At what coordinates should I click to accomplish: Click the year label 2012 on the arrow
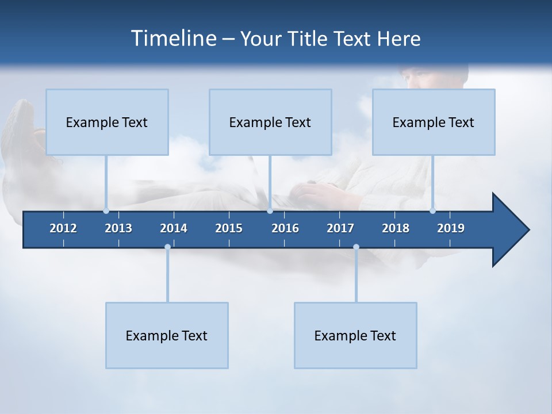point(63,228)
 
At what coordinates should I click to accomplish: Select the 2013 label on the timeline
point(118,228)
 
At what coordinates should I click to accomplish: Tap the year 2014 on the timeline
point(174,228)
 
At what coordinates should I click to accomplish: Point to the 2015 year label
point(229,228)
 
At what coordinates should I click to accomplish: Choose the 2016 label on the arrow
point(285,228)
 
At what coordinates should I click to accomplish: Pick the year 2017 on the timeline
point(340,228)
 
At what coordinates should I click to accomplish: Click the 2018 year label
point(396,228)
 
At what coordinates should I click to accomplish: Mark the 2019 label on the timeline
point(451,228)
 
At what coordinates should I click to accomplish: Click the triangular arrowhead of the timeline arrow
point(509,230)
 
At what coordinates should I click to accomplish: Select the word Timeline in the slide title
point(173,39)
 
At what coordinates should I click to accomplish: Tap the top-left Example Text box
point(107,122)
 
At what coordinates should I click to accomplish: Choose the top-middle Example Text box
point(270,122)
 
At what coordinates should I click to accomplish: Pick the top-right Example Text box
point(434,122)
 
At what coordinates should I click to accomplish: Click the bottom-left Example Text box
point(167,335)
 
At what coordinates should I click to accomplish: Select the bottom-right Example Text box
point(355,335)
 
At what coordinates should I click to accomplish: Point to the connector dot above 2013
point(106,211)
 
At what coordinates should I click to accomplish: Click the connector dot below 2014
point(167,247)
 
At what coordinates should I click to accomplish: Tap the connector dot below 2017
point(356,247)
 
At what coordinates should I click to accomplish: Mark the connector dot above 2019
point(432,211)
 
